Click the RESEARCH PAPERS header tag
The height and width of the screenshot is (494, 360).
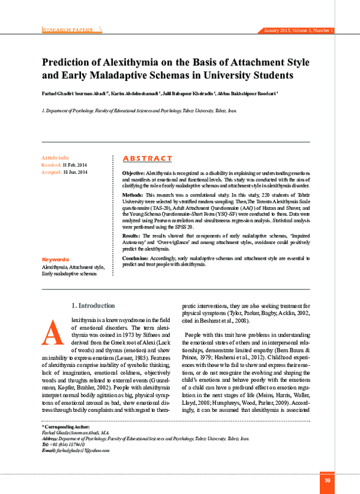tap(68, 29)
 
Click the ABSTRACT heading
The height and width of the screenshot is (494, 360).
tap(147, 158)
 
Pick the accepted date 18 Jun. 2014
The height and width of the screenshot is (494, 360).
tap(76, 172)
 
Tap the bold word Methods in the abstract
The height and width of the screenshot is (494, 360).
tap(133, 195)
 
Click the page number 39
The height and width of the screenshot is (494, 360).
tap(327, 481)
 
